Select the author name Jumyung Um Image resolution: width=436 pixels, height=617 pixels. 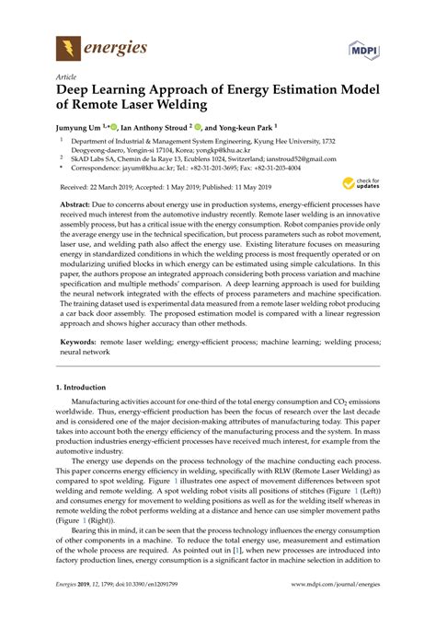tap(83, 128)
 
